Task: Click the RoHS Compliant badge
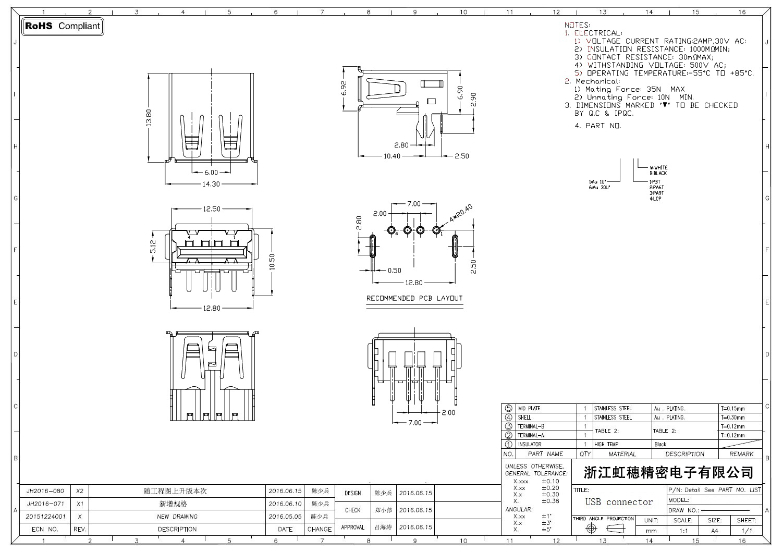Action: pyautogui.click(x=63, y=26)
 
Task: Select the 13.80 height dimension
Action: pyautogui.click(x=149, y=118)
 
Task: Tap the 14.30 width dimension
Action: pyautogui.click(x=211, y=184)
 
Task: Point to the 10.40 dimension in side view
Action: pyautogui.click(x=392, y=156)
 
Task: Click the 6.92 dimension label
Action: pyautogui.click(x=344, y=89)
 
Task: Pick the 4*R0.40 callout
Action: pyautogui.click(x=461, y=214)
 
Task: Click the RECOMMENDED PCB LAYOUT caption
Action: pyautogui.click(x=414, y=299)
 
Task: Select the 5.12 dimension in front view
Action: pyautogui.click(x=153, y=247)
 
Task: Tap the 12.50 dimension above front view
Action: pyautogui.click(x=212, y=209)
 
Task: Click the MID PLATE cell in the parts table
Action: pyautogui.click(x=529, y=409)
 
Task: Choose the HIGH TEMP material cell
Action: pyautogui.click(x=606, y=445)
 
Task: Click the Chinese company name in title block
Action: pyautogui.click(x=668, y=473)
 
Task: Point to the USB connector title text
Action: pyautogui.click(x=619, y=502)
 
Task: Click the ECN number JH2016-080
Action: pyautogui.click(x=45, y=491)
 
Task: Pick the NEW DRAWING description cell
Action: pyautogui.click(x=177, y=517)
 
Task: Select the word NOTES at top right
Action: pyautogui.click(x=577, y=25)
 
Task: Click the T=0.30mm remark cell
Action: pyautogui.click(x=732, y=418)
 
